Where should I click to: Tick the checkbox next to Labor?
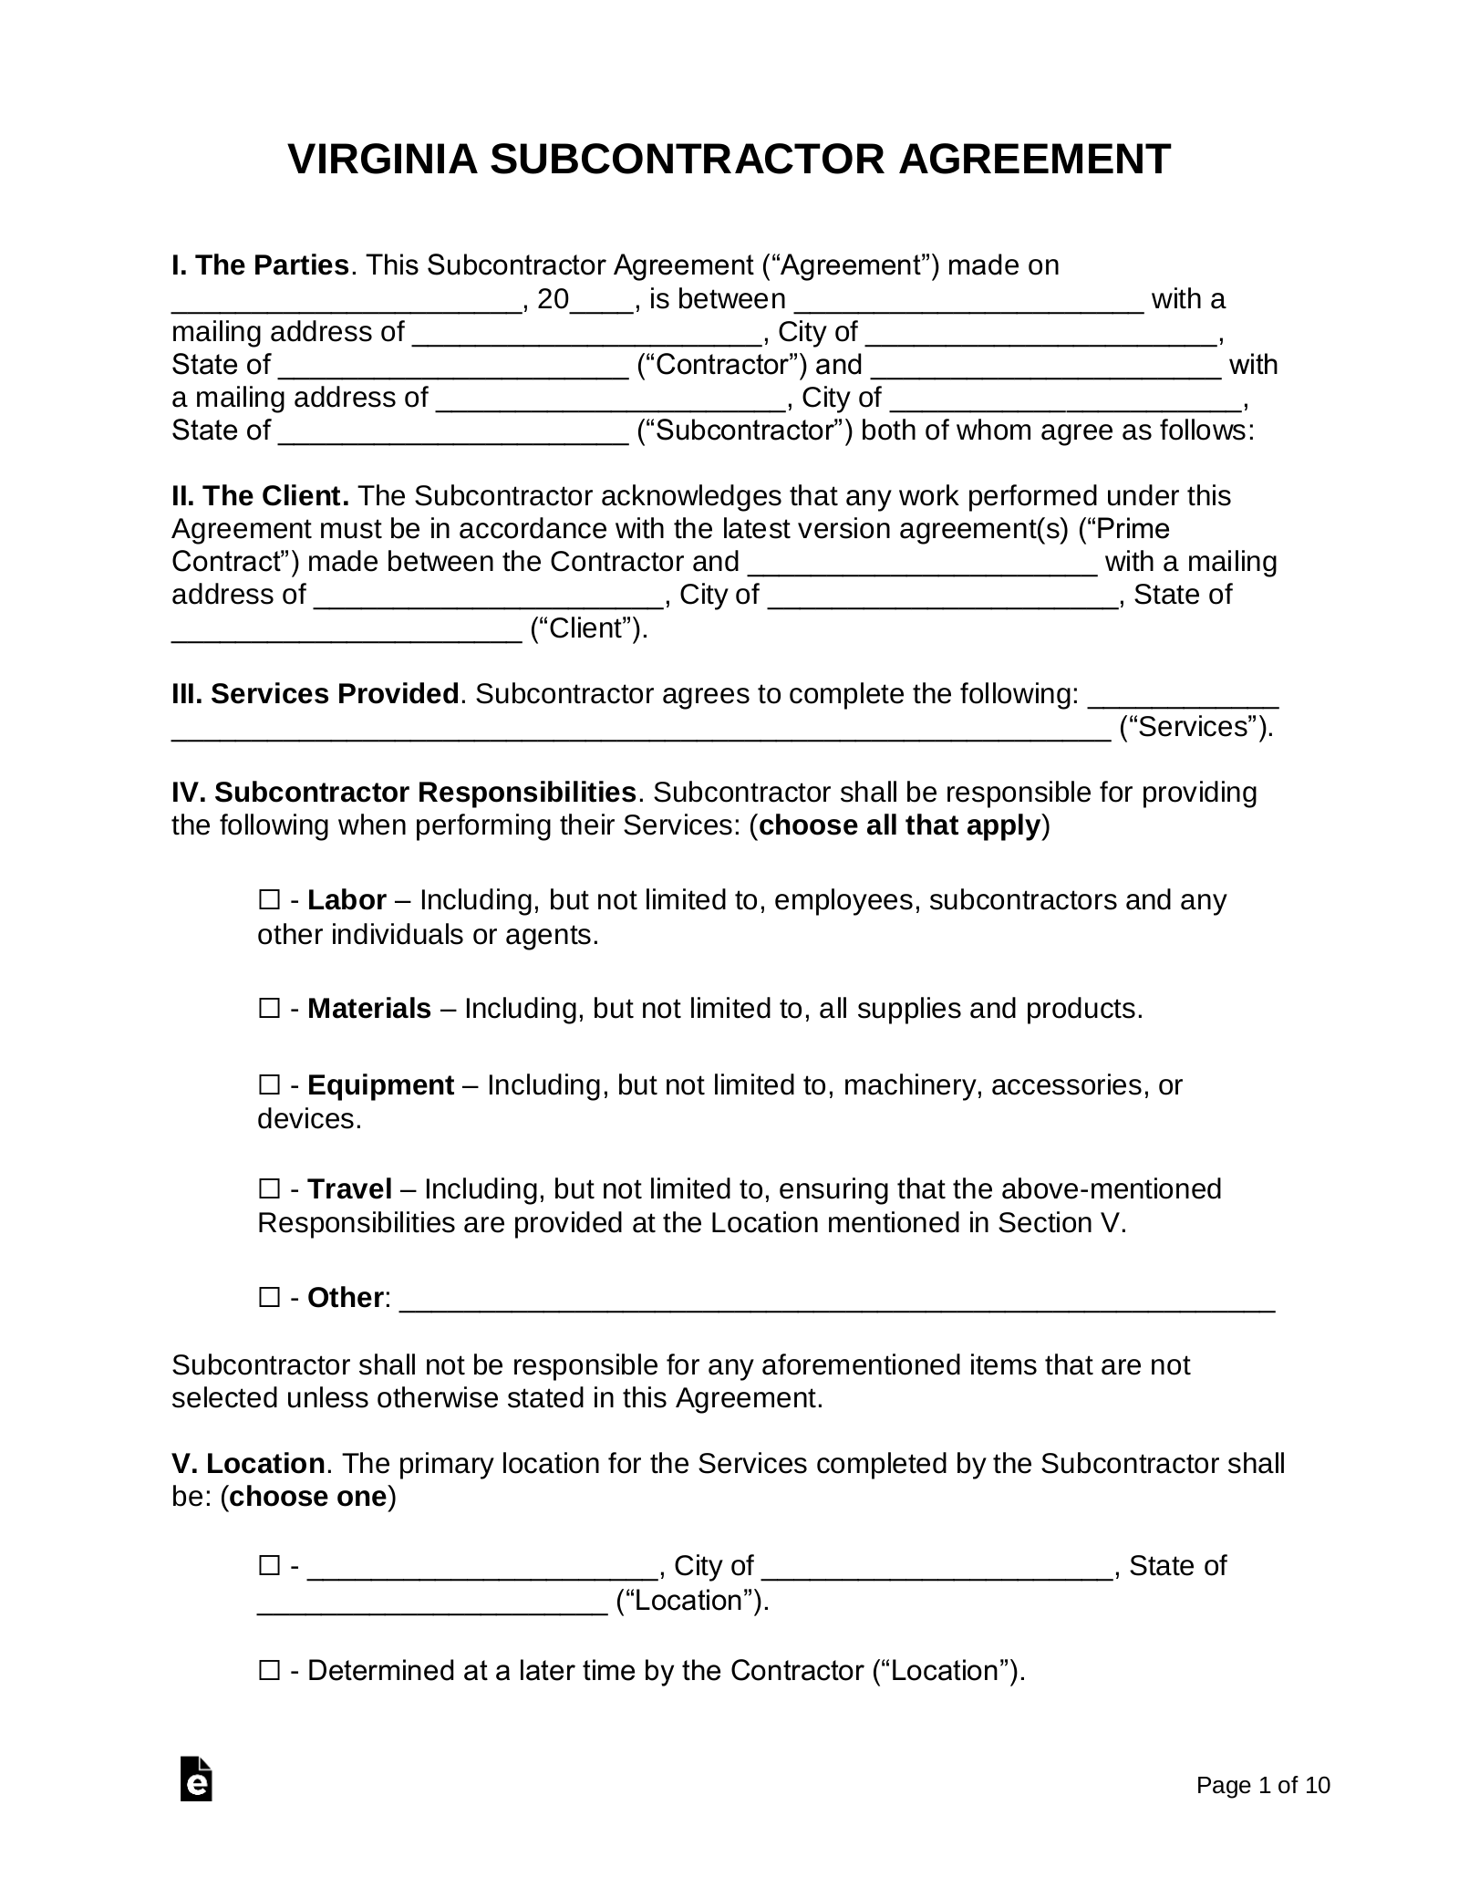point(269,900)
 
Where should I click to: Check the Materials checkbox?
point(269,1009)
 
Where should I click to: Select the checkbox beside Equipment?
point(269,1085)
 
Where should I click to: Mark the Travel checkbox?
point(269,1189)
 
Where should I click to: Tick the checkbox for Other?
point(269,1297)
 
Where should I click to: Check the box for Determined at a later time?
point(269,1671)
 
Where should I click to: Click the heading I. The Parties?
point(260,266)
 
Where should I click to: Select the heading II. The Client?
point(260,496)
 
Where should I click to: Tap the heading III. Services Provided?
point(315,694)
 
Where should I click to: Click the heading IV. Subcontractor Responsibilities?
point(403,792)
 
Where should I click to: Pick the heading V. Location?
point(248,1464)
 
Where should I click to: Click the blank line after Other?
point(837,1299)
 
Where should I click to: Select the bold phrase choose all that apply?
point(899,825)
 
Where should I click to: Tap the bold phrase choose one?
point(308,1498)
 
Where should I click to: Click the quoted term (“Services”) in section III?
point(1195,727)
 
